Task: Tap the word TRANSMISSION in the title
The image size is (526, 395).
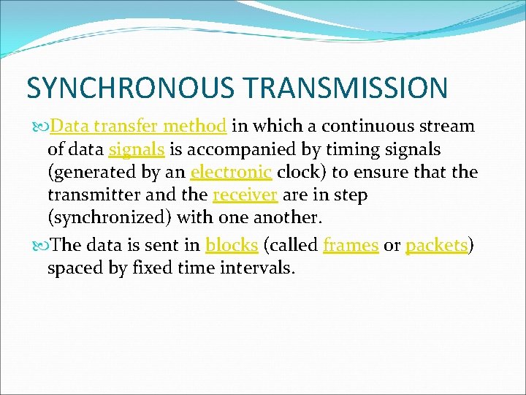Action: (346, 88)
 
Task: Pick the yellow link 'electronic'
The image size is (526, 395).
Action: (231, 173)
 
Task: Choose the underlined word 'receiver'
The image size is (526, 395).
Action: (245, 196)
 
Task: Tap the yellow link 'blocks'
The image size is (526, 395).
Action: (232, 245)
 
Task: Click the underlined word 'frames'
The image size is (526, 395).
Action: (351, 245)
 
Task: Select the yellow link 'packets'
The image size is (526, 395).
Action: (436, 245)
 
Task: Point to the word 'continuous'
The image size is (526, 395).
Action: (365, 126)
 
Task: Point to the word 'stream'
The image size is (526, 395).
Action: (447, 126)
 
